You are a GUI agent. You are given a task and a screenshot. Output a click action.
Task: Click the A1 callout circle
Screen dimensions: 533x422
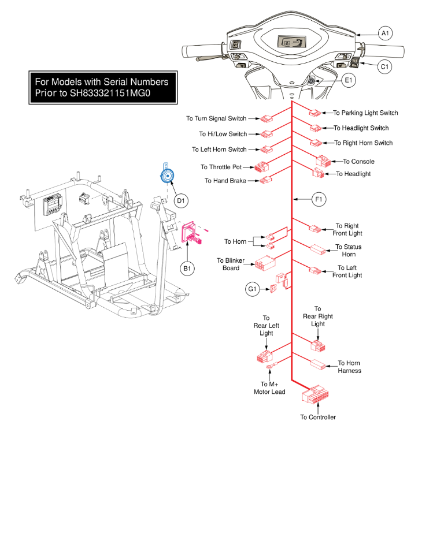pos(385,34)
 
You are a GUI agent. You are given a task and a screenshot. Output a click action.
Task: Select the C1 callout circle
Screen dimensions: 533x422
pos(385,67)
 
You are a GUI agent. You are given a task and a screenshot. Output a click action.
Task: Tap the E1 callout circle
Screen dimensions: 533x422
pos(349,81)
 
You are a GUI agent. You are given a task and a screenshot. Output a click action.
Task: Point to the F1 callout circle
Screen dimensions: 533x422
pos(319,200)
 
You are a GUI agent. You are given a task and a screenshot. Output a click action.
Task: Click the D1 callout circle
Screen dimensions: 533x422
pos(181,200)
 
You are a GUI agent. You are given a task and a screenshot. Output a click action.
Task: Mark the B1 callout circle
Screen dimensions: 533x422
pos(188,267)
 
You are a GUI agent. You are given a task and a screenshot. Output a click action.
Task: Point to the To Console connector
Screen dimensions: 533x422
pos(322,161)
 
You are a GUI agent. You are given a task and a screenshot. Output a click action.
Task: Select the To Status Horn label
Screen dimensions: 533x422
pos(348,251)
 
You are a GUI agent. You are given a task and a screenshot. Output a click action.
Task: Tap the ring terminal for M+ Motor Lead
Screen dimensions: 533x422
pos(270,366)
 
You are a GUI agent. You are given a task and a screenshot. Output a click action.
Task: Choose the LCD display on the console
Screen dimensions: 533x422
pos(291,43)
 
